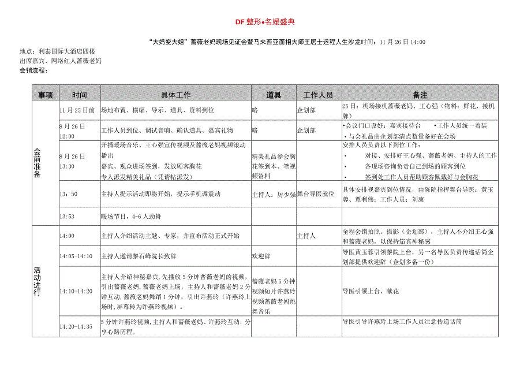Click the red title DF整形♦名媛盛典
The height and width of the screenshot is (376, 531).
(265, 22)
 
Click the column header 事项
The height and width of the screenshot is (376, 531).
(46, 95)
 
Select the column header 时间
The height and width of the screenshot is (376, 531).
(80, 95)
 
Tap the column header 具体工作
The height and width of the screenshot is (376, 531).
(175, 95)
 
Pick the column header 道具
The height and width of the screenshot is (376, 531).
(273, 95)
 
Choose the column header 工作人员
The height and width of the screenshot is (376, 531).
(318, 95)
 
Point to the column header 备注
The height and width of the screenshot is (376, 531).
(420, 95)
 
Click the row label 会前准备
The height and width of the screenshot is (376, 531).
(38, 163)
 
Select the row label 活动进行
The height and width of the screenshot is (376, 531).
(38, 282)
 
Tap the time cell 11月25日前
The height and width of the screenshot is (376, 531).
(77, 109)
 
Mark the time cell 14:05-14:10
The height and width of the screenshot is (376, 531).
(76, 255)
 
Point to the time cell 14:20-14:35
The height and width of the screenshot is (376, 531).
(76, 326)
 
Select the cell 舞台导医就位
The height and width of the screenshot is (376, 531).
(316, 194)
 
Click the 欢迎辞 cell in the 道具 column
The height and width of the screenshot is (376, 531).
(260, 255)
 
